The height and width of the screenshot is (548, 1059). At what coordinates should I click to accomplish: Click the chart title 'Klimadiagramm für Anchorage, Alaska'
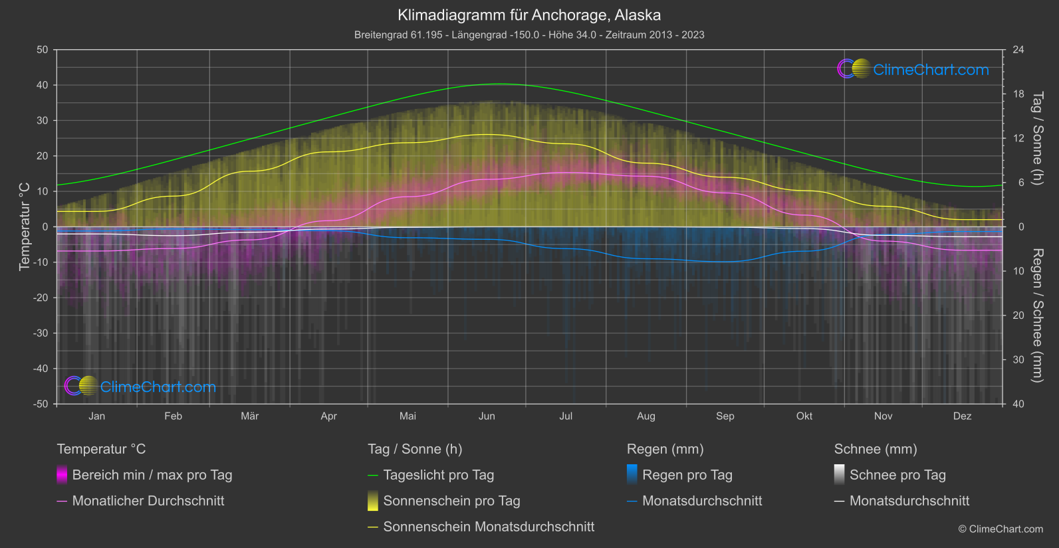click(x=529, y=15)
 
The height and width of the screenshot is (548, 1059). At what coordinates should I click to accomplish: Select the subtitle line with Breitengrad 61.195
click(x=529, y=35)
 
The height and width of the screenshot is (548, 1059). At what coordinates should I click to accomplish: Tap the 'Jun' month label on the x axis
click(x=487, y=416)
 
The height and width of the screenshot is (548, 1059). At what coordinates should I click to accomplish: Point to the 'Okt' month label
click(x=804, y=416)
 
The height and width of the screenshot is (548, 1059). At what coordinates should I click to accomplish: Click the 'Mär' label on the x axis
click(x=249, y=416)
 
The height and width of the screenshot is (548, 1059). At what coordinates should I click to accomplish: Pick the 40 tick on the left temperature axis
click(x=42, y=85)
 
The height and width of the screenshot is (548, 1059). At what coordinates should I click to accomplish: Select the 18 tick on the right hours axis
click(x=1018, y=94)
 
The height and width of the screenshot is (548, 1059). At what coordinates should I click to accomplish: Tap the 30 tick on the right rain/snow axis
click(x=1018, y=359)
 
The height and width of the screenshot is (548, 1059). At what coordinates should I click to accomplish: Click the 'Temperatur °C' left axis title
click(x=25, y=227)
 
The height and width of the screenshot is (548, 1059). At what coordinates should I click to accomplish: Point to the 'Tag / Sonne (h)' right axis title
click(x=1036, y=138)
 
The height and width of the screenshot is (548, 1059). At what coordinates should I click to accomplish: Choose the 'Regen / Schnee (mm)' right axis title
click(x=1036, y=316)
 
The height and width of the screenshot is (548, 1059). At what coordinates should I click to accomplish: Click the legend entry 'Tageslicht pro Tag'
click(x=438, y=475)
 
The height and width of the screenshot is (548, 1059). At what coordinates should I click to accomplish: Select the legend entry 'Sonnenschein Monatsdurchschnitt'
click(x=489, y=527)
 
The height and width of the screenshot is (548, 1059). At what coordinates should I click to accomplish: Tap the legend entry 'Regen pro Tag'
click(x=687, y=475)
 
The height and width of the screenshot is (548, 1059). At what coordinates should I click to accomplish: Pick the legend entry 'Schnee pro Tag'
click(x=897, y=475)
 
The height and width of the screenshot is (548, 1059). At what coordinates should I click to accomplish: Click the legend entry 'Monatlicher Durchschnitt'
click(x=148, y=501)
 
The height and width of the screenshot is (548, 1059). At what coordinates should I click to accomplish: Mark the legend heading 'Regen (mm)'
click(x=665, y=449)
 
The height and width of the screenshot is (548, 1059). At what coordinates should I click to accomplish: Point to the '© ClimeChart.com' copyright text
click(x=1000, y=529)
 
